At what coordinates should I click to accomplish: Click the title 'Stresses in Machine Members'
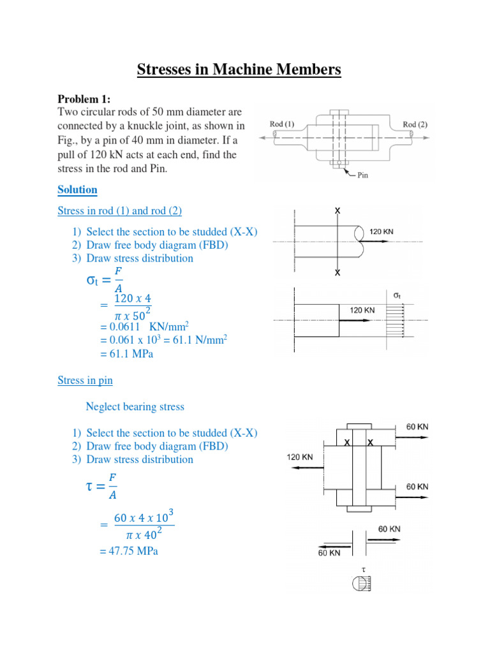pyautogui.click(x=239, y=69)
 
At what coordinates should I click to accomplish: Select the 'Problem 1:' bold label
pyautogui.click(x=84, y=99)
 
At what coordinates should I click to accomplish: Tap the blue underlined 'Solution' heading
pyautogui.click(x=77, y=189)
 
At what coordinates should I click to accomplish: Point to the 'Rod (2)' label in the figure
pyautogui.click(x=415, y=124)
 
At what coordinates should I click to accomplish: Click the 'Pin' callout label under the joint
pyautogui.click(x=363, y=175)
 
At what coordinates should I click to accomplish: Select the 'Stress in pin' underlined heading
pyautogui.click(x=85, y=380)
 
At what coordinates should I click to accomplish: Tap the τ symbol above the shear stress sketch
pyautogui.click(x=362, y=568)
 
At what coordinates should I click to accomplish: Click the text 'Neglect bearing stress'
pyautogui.click(x=135, y=406)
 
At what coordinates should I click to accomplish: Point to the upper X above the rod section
pyautogui.click(x=338, y=210)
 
